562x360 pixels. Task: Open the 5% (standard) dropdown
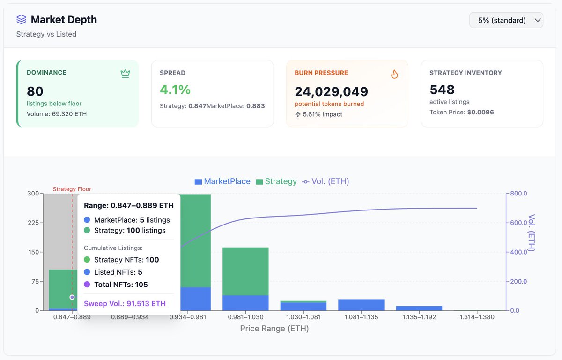[x=506, y=20]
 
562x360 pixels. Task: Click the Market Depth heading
[x=64, y=20]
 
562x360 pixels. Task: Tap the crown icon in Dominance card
[x=125, y=73]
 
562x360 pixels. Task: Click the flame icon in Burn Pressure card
[x=394, y=74]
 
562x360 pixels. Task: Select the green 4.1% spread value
[x=175, y=90]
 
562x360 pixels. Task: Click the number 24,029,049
[x=331, y=91]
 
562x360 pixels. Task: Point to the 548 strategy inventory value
[x=442, y=90]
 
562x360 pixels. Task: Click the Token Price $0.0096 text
[x=461, y=112]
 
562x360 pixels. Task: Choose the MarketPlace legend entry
[x=222, y=181]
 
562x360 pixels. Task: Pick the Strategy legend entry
[x=276, y=181]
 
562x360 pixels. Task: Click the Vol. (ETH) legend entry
[x=326, y=181]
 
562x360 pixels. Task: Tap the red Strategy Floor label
[x=72, y=189]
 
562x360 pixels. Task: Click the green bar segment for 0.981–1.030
[x=245, y=271]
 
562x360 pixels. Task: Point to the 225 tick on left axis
[x=33, y=223]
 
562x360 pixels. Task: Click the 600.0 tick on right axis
[x=518, y=223]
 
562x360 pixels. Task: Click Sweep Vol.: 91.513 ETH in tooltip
[x=125, y=304]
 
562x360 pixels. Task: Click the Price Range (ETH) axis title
[x=274, y=329]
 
